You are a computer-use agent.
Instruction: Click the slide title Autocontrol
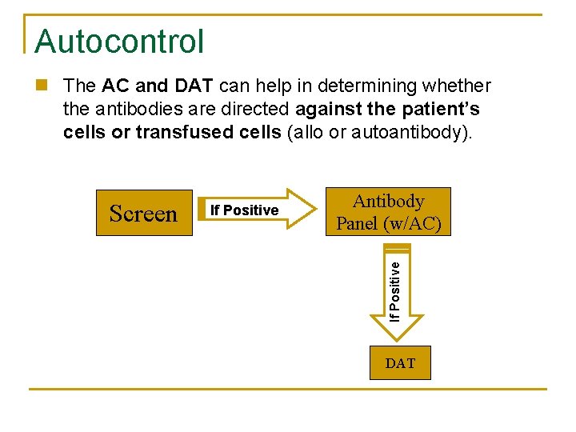(x=119, y=42)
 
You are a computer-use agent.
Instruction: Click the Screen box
(x=144, y=213)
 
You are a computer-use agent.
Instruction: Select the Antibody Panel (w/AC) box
(x=388, y=212)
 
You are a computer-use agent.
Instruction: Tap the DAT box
(x=400, y=363)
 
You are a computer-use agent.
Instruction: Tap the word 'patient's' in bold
(x=440, y=108)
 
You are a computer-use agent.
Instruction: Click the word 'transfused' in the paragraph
(x=176, y=131)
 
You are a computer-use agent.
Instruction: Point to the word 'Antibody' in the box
(x=388, y=201)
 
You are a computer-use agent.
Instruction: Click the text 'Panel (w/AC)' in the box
(x=389, y=223)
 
